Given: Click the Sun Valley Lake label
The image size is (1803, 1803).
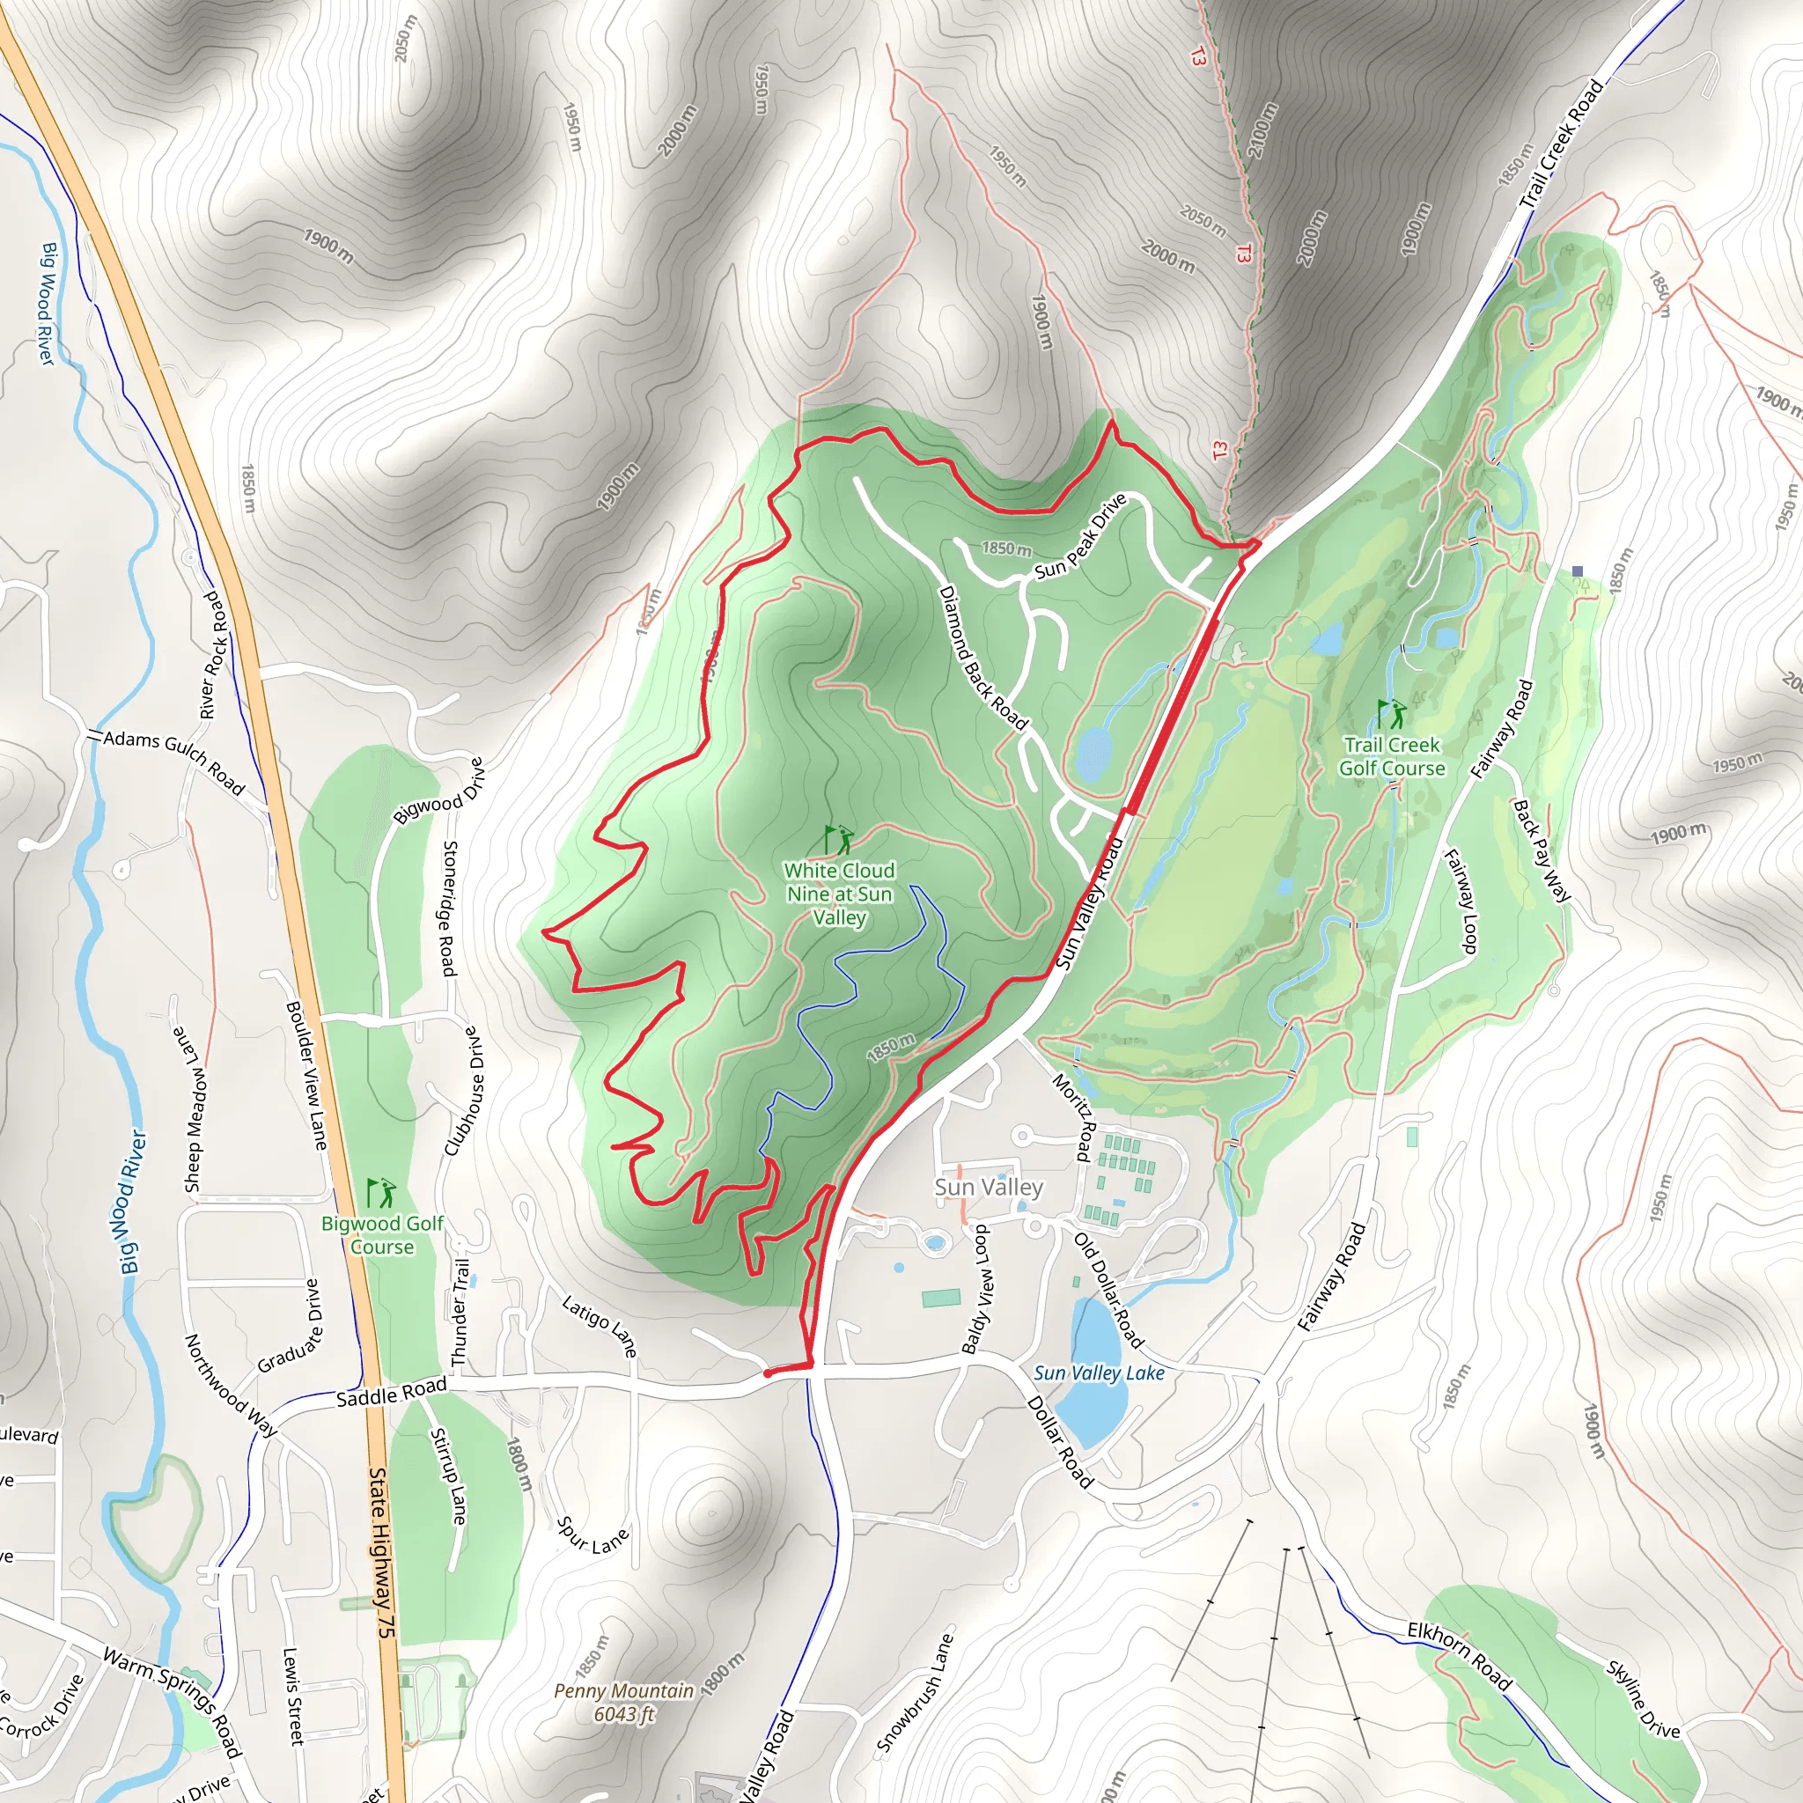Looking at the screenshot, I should click(x=1099, y=1372).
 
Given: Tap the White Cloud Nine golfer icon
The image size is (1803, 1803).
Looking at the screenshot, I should click(x=838, y=840).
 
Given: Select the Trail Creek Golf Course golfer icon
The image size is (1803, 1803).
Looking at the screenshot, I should click(x=1392, y=715).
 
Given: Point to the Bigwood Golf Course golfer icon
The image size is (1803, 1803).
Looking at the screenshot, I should click(x=380, y=1193).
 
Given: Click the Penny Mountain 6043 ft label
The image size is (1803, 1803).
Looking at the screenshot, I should click(x=624, y=1703).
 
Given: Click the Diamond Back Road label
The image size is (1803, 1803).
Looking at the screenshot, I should click(x=982, y=658).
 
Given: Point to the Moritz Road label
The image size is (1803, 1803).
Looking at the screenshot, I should click(x=1073, y=1117).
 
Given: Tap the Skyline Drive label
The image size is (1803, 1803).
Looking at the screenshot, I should click(x=1643, y=1699).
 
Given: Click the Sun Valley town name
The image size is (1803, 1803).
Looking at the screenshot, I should click(x=989, y=1187).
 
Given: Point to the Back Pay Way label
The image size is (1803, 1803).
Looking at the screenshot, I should click(x=1541, y=850).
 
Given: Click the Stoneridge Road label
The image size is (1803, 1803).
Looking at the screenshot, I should click(x=449, y=908).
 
